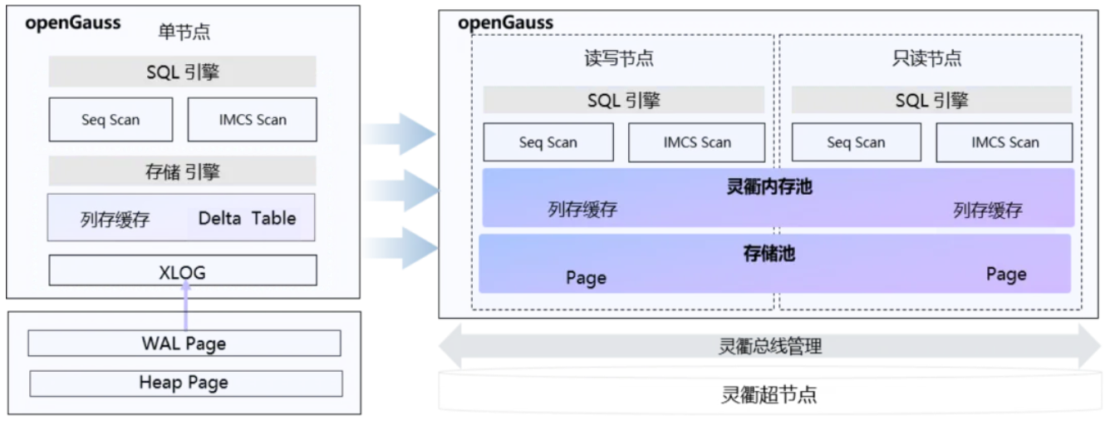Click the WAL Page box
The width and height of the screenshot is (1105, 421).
(184, 343)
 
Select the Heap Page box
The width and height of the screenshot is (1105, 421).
(185, 383)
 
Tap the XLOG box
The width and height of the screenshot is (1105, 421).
(183, 270)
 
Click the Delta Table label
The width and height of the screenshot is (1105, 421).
(247, 219)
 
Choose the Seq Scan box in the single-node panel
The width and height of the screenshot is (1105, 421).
(110, 120)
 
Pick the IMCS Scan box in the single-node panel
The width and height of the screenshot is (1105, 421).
(252, 120)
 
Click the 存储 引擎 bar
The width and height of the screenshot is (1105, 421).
(182, 172)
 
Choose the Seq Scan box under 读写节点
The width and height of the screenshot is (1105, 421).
(548, 142)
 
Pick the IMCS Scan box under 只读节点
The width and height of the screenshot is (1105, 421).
(1004, 142)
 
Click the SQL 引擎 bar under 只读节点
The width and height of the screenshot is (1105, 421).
(931, 101)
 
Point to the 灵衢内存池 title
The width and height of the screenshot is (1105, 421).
(769, 187)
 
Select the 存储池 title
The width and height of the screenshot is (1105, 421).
(769, 253)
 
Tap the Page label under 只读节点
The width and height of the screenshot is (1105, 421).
(1006, 274)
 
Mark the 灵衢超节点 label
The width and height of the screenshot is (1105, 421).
(769, 394)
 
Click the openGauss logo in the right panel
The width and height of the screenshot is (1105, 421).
(506, 22)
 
